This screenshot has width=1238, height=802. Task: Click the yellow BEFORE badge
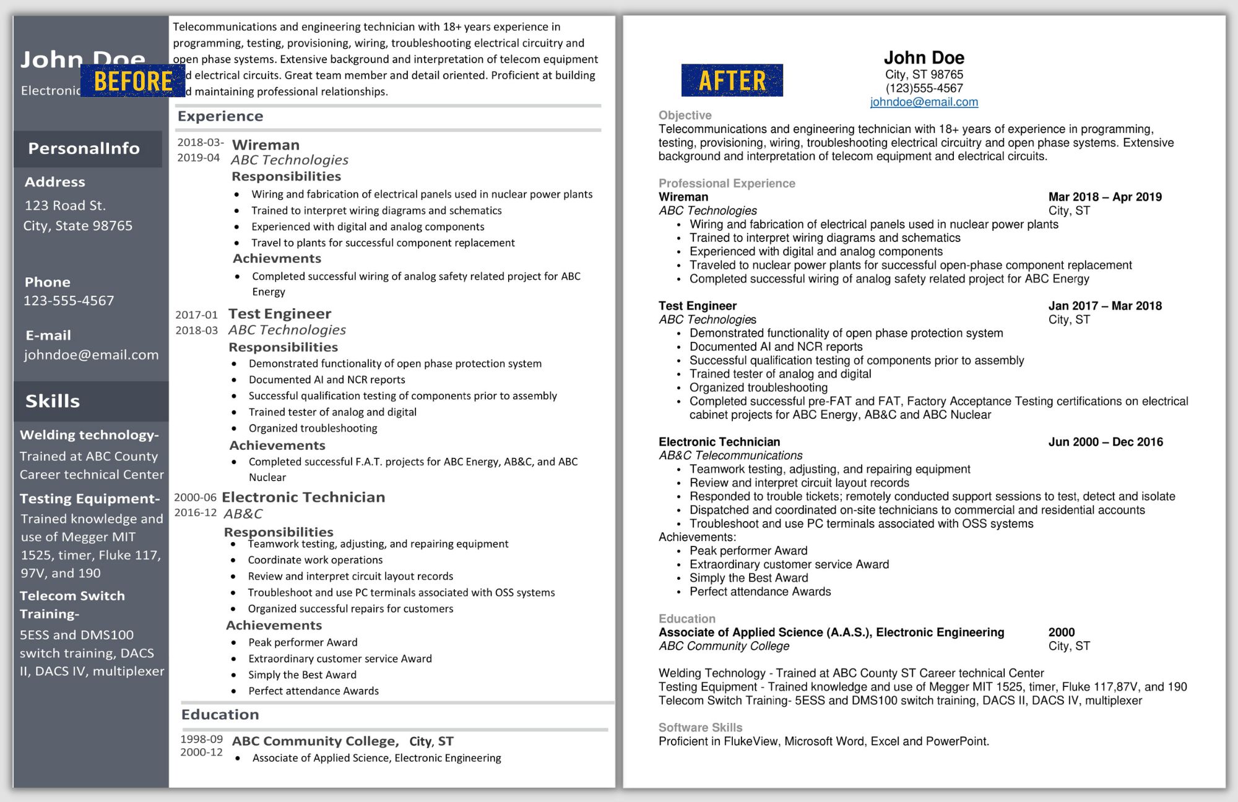pos(132,81)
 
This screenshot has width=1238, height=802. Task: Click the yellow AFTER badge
pos(732,80)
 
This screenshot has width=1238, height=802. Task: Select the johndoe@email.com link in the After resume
pos(924,102)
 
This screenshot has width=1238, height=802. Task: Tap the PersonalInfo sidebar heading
pos(84,149)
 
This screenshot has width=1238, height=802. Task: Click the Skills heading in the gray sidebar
pos(53,401)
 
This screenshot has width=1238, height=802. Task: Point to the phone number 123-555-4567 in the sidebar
pos(69,301)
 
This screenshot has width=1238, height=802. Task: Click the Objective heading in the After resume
pos(685,115)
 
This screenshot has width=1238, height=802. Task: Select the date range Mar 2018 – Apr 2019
pos(1105,197)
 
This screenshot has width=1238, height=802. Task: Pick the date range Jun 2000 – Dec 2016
pos(1106,442)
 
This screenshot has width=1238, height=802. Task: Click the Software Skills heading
pos(700,728)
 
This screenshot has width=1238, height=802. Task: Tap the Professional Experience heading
pos(727,183)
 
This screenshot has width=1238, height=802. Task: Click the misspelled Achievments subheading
pos(277,259)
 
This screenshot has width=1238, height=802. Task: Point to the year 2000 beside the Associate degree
pos(1061,632)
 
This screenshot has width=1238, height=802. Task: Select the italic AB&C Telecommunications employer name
pos(730,455)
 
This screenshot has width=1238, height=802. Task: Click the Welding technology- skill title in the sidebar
pos(89,435)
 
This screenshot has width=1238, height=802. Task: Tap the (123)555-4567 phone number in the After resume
pos(924,88)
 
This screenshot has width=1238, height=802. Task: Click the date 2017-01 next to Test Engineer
pos(196,315)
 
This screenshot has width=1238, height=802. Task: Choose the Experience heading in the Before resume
pos(220,116)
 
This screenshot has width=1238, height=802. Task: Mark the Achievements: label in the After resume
pos(697,537)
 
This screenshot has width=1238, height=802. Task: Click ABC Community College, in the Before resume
pos(315,741)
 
